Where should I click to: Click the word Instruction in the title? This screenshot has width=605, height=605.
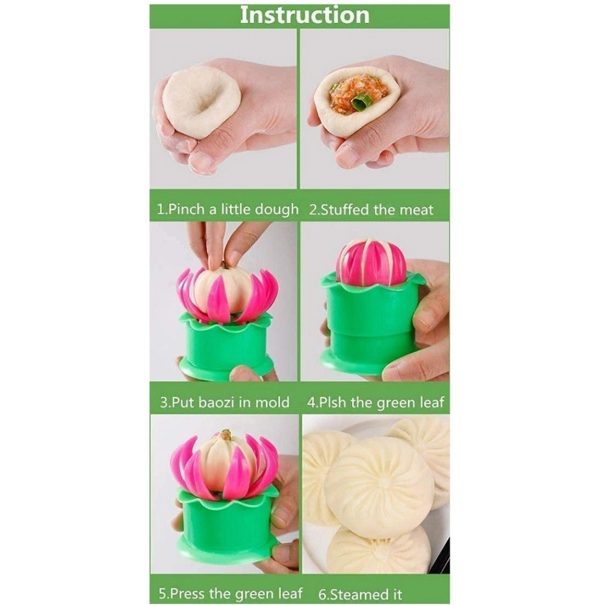304,15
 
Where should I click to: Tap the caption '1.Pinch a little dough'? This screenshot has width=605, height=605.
227,209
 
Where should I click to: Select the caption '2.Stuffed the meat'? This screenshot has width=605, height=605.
371,209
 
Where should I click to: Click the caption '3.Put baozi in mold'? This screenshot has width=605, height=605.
224,402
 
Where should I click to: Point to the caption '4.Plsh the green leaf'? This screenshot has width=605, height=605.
376,402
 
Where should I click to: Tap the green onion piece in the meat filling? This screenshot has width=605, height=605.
362,101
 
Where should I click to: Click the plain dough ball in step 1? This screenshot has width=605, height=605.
201,102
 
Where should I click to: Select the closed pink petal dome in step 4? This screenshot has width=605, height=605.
371,262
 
